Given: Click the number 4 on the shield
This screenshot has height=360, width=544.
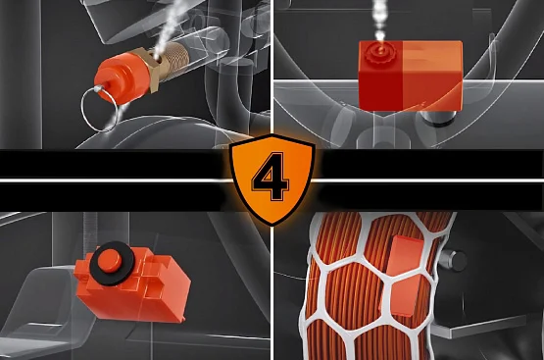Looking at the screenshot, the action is click(x=271, y=176).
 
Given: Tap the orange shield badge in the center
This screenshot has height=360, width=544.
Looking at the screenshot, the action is click(x=272, y=180).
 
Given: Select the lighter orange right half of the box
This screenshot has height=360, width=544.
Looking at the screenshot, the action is click(x=432, y=76).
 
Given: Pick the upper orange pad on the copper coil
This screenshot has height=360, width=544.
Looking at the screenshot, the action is click(x=405, y=257).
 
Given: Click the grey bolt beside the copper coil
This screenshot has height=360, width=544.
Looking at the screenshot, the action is click(x=453, y=260).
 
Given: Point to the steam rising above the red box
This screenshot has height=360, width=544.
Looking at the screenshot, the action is click(x=380, y=22).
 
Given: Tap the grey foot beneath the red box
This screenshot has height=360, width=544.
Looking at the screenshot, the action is click(x=438, y=119).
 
